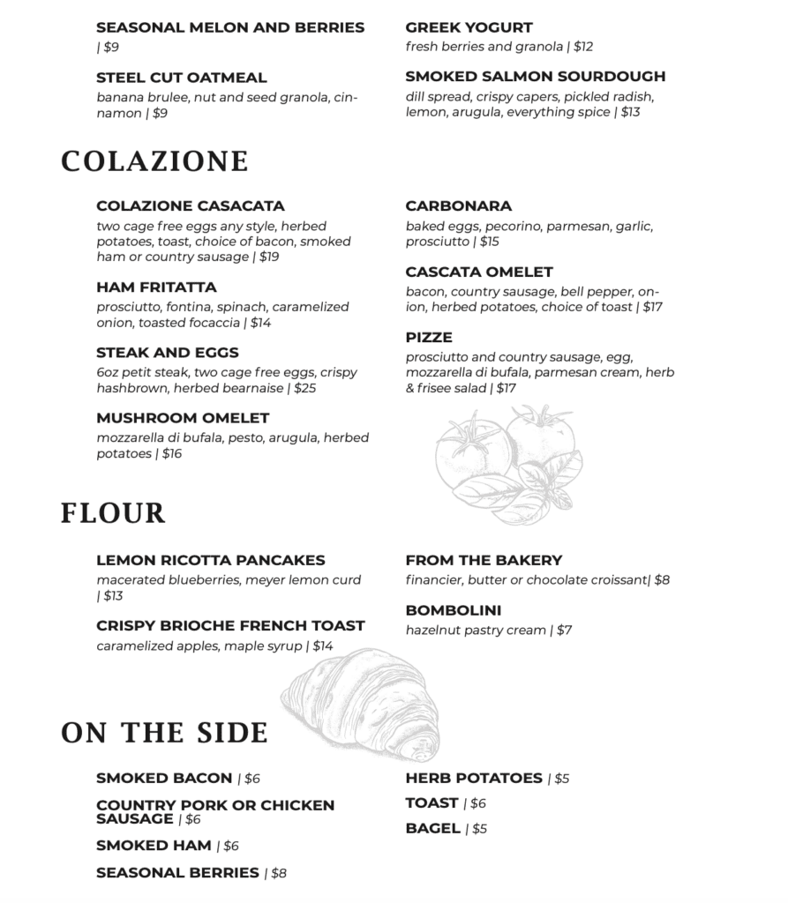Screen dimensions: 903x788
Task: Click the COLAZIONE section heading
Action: (154, 162)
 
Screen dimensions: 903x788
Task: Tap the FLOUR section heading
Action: (113, 513)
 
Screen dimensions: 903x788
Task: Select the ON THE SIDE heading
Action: (164, 733)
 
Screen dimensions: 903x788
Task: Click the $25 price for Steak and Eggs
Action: (304, 388)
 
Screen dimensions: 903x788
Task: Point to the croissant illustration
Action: (362, 701)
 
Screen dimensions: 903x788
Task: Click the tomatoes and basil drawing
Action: (507, 463)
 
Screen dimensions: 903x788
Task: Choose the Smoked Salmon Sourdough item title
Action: (536, 77)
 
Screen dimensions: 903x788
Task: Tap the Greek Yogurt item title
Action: (469, 28)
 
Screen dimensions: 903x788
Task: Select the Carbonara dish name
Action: (458, 206)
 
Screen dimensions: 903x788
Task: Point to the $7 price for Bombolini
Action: (564, 631)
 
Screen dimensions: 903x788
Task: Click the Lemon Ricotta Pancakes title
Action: (210, 561)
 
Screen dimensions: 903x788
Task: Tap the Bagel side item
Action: (432, 829)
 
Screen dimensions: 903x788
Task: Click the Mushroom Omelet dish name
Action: (183, 418)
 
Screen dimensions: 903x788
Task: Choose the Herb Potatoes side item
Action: (474, 779)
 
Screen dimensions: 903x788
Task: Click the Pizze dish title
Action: (429, 338)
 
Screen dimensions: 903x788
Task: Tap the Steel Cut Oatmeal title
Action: (181, 78)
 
